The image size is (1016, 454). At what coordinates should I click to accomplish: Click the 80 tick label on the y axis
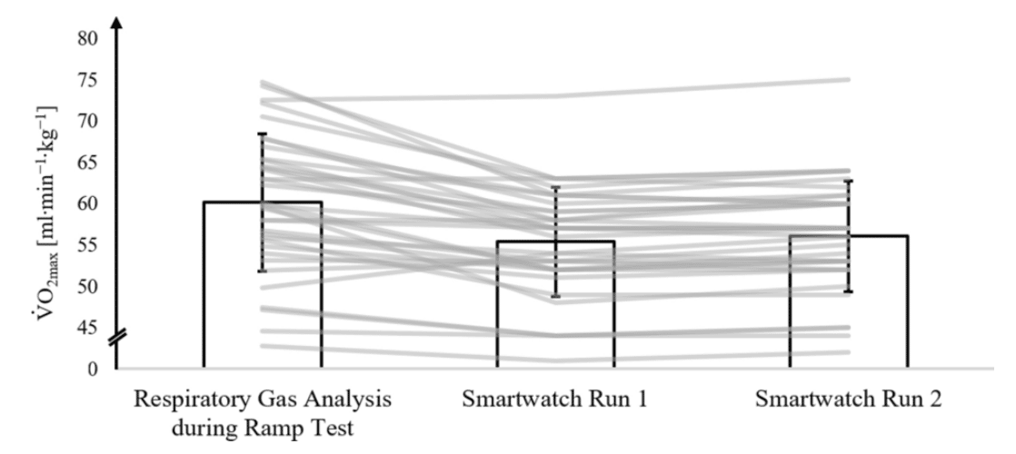pos(88,38)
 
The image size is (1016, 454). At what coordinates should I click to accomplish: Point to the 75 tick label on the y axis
pos(88,80)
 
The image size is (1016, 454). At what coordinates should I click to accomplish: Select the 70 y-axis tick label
pos(88,121)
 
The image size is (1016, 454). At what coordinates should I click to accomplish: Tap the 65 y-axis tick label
pos(88,163)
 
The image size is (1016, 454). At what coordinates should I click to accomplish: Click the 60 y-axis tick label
pos(88,204)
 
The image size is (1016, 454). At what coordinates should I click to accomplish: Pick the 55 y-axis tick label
pos(88,245)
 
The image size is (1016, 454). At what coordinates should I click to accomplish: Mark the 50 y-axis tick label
pos(88,287)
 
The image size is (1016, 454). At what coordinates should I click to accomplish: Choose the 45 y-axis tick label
pos(88,328)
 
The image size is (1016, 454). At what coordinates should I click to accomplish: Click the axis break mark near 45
pos(117,339)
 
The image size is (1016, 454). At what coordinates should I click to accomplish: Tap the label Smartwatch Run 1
pos(555,400)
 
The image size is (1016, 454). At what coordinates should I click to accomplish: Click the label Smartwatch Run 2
pos(849,400)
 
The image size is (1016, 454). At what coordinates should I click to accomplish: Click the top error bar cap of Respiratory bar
pos(263,134)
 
